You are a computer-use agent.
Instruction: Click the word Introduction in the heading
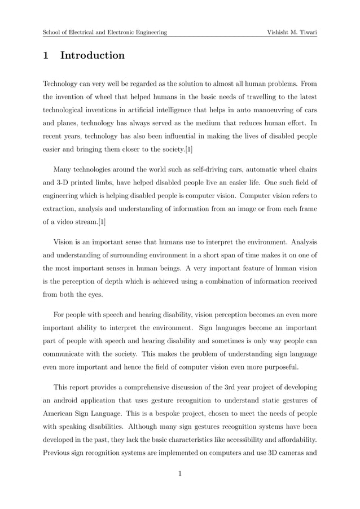[x=93, y=56]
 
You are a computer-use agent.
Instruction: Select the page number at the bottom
[x=179, y=473]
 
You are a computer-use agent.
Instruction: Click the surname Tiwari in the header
[x=304, y=32]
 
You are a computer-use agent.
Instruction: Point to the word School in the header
[x=52, y=32]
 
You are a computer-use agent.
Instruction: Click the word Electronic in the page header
[x=125, y=32]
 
